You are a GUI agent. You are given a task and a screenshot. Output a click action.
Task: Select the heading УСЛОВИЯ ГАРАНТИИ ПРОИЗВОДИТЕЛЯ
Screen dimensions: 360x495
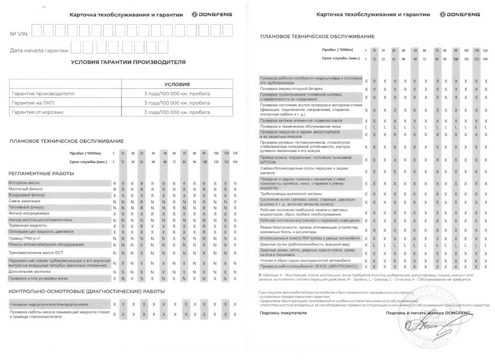128,62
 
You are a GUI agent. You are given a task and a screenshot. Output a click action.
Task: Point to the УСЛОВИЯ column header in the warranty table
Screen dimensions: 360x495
177,84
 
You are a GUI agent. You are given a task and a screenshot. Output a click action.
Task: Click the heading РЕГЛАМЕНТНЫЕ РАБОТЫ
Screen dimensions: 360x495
41,173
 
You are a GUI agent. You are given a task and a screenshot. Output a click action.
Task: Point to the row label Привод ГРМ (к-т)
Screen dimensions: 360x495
26,238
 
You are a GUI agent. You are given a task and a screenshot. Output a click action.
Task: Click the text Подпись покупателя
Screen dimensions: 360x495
279,313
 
